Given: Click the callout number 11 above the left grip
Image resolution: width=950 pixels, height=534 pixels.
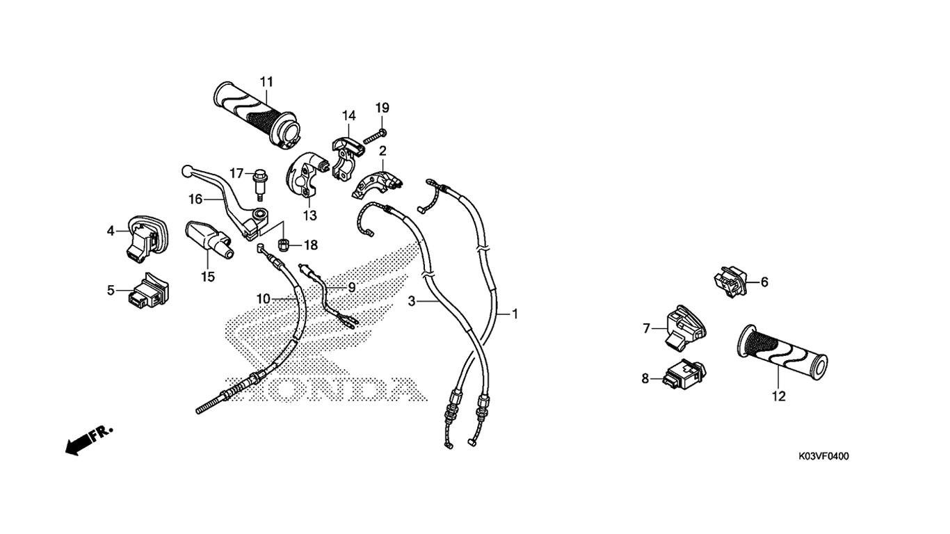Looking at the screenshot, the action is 266,81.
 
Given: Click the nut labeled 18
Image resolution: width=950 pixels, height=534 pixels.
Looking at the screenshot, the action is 284,245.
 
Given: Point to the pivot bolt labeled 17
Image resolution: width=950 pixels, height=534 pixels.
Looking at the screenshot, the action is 258,185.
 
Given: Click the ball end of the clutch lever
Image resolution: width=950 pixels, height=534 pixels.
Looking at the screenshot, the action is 185,171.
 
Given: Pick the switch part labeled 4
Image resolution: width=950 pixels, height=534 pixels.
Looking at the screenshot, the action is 147,237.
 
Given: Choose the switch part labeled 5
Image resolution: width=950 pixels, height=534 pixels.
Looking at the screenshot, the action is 148,290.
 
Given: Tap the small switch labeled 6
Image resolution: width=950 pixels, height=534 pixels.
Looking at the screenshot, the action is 730,281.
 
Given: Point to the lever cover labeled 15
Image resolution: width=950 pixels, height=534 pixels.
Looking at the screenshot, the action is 209,240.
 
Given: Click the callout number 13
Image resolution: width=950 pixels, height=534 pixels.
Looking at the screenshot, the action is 310,216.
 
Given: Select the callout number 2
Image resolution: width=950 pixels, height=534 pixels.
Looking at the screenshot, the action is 383,151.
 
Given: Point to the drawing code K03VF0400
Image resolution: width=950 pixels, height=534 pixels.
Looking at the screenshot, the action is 824,456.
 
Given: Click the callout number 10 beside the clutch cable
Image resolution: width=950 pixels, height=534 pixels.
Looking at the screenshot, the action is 264,299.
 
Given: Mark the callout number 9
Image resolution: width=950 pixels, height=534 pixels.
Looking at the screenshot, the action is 352,288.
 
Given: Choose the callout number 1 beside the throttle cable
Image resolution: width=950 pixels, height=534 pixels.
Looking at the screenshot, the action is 515,314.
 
